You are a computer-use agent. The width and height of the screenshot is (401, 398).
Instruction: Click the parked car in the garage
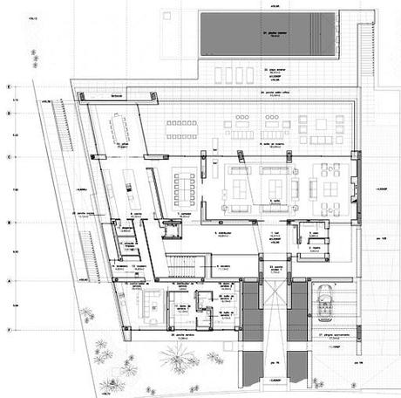pyautogui.click(x=326, y=302)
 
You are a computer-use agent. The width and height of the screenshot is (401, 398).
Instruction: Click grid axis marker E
pyautogui.click(x=8, y=88)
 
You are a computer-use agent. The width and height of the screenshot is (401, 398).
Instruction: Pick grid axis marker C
pyautogui.click(x=8, y=157)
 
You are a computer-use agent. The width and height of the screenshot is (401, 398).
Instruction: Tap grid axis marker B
pyautogui.click(x=8, y=223)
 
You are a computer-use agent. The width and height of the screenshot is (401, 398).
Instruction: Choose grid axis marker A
pyautogui.click(x=8, y=281)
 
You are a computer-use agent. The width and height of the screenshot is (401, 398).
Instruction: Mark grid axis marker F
pyautogui.click(x=8, y=329)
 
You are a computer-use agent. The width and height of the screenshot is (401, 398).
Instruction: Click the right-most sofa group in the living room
pyautogui.click(x=332, y=186)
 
